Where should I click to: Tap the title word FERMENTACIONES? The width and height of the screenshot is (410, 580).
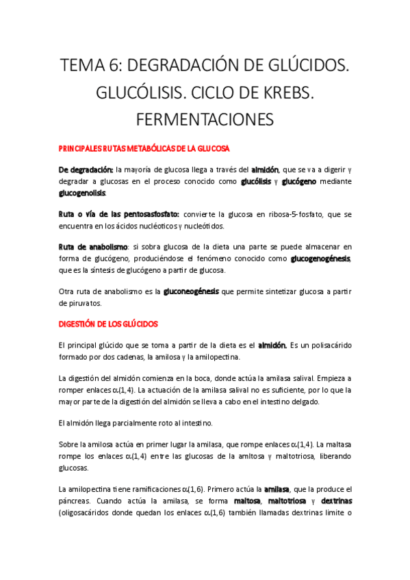pos(205,119)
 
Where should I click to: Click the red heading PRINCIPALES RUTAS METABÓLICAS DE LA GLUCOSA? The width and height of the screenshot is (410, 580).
pos(144,148)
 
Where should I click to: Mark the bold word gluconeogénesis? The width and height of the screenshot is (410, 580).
pos(191,291)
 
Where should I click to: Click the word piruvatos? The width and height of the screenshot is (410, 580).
pos(80,303)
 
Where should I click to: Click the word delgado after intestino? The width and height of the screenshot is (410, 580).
pos(330,401)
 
